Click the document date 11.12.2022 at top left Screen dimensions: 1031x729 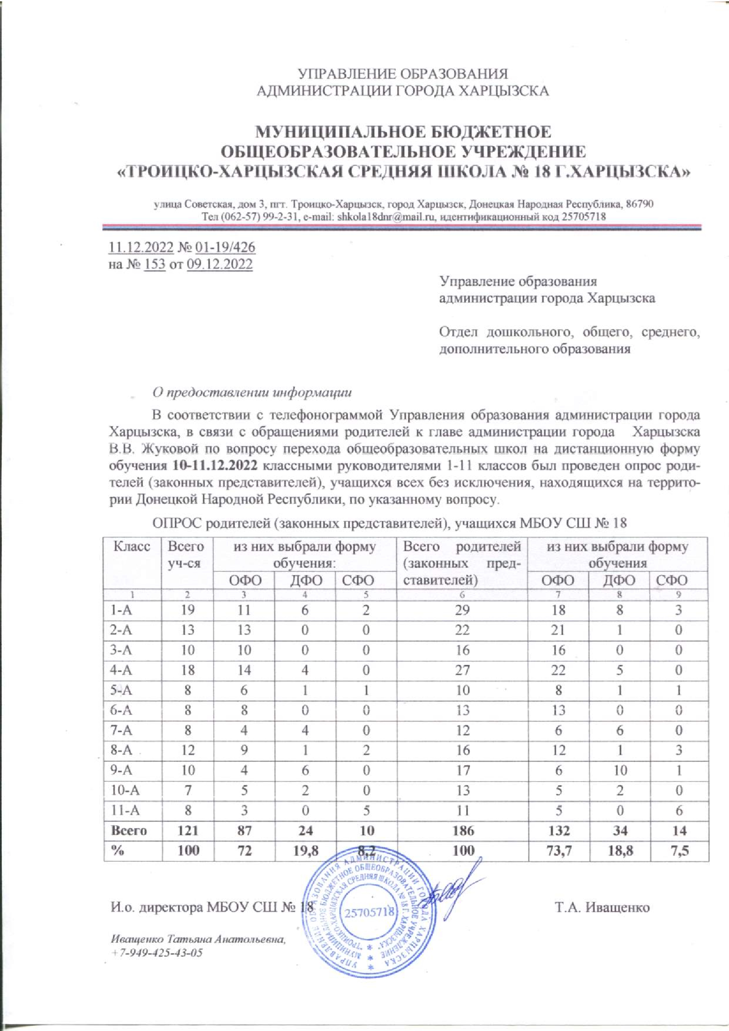pos(137,247)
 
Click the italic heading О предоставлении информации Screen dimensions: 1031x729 pos(252,392)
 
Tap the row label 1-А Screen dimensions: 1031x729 pos(122,610)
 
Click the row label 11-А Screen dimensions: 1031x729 pos(125,810)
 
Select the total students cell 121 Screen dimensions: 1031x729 pos(188,830)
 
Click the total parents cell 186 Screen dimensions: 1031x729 pos(463,830)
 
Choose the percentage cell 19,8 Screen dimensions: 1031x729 pos(305,850)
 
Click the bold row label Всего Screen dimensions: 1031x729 pos(129,830)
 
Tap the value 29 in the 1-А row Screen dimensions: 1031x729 pos(463,610)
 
